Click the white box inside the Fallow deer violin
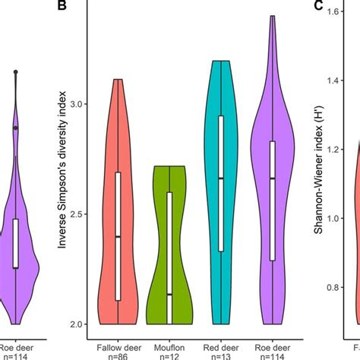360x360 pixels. [x=118, y=235]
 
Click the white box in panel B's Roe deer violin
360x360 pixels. [x=272, y=200]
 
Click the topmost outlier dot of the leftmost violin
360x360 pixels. [x=15, y=71]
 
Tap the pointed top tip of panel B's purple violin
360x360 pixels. [x=272, y=16]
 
